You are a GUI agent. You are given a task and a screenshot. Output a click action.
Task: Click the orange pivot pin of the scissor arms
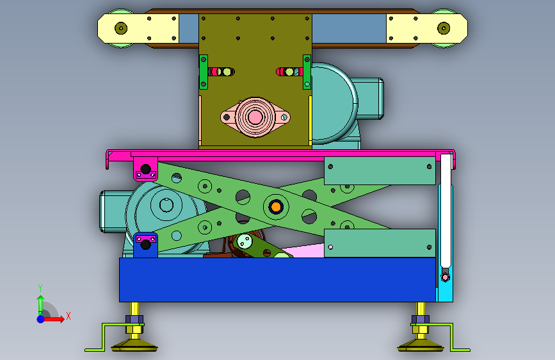coord(275,206)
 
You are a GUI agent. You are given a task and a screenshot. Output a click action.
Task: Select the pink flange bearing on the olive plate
coord(255,117)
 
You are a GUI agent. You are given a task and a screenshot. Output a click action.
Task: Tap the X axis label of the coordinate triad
coord(68,316)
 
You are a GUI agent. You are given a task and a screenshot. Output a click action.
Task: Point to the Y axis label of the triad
coord(40,288)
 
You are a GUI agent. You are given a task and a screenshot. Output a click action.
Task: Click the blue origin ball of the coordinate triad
coord(41,319)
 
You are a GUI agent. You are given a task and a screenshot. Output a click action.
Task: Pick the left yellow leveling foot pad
coord(134,345)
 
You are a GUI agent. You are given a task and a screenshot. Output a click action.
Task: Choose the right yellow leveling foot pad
coord(421,345)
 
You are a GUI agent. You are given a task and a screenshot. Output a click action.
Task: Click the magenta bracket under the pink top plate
coord(145,169)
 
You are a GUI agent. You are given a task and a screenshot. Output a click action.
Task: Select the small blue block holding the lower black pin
coord(145,245)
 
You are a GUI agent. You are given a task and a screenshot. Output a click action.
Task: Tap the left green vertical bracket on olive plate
coord(203,72)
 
